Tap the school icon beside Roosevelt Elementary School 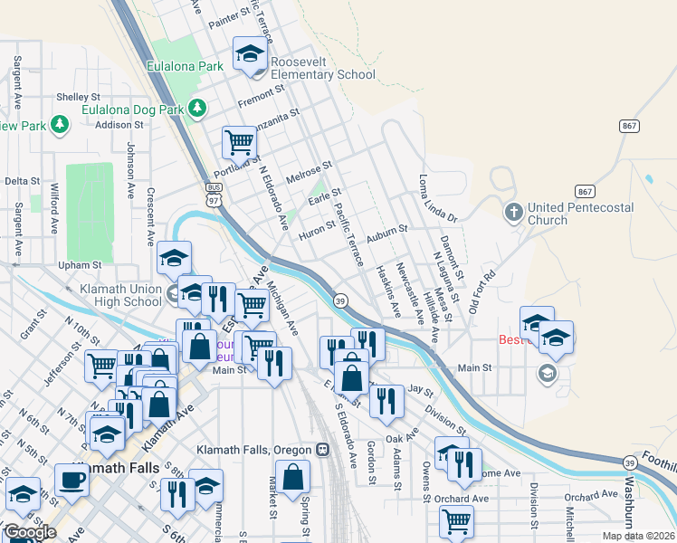click(x=250, y=54)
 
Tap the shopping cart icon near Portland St click(x=239, y=141)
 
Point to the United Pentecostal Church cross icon click(x=513, y=213)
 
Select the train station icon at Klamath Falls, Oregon click(x=321, y=449)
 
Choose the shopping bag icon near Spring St click(x=292, y=478)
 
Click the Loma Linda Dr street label click(x=440, y=200)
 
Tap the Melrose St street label click(x=310, y=172)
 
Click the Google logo click(x=30, y=532)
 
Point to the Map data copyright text click(x=637, y=536)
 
